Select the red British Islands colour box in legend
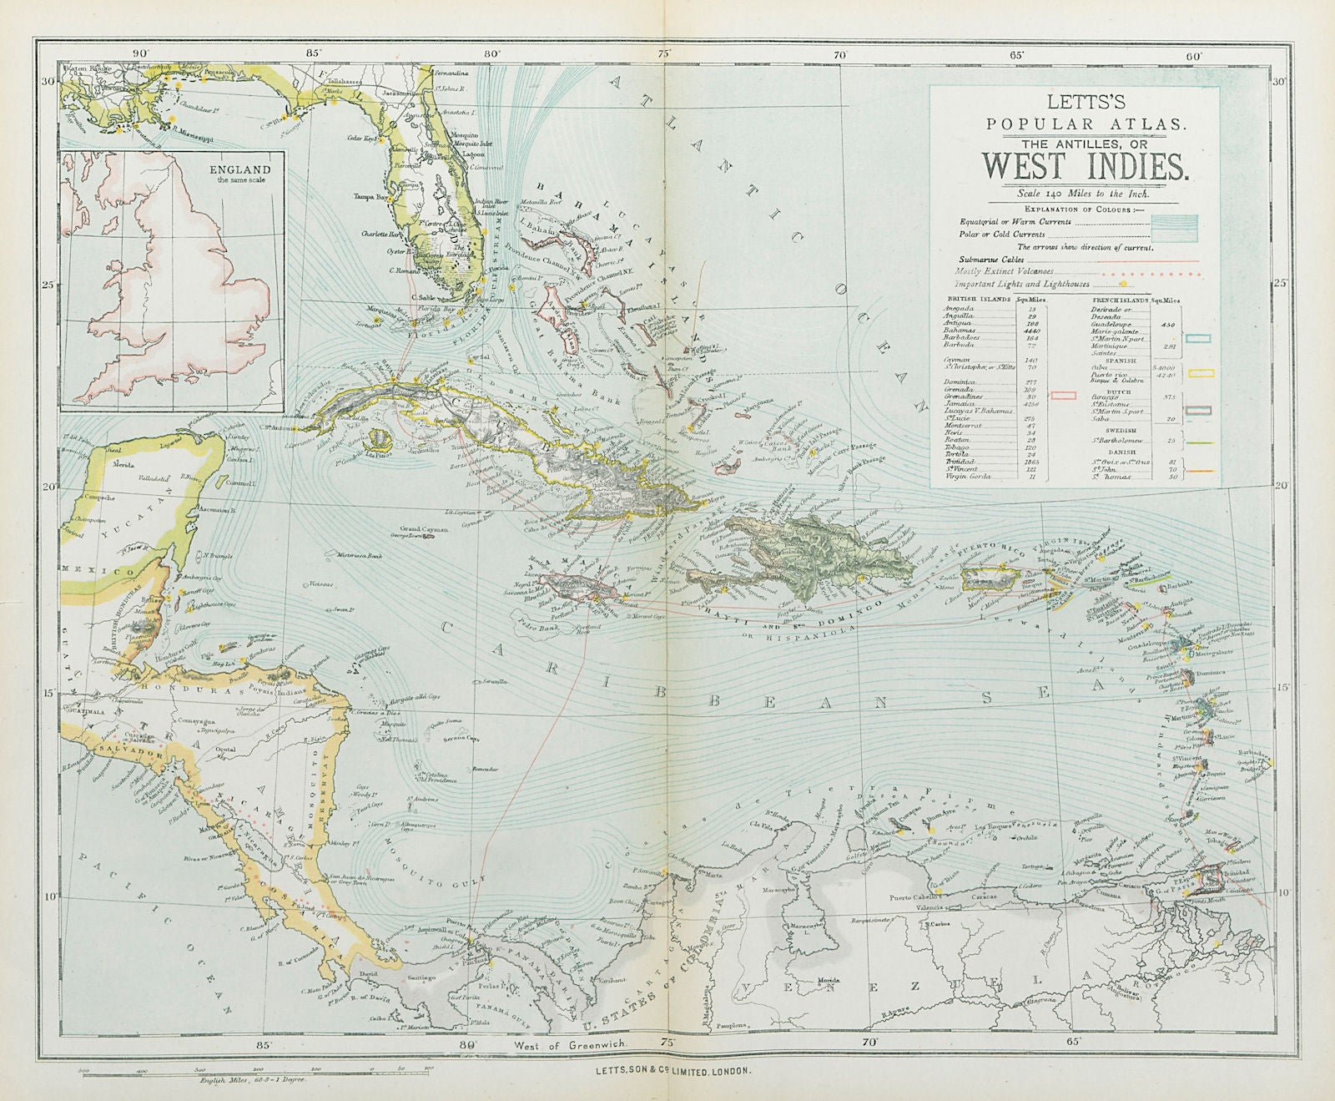click(1064, 394)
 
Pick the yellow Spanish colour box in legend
click(1200, 373)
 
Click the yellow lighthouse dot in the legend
click(1195, 285)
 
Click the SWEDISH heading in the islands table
click(1119, 426)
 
